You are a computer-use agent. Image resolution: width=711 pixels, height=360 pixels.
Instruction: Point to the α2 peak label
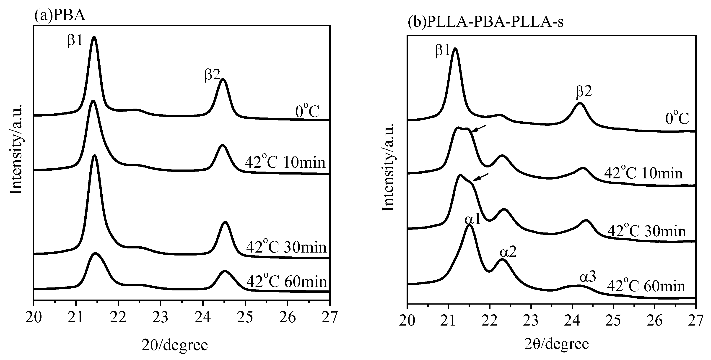(x=508, y=252)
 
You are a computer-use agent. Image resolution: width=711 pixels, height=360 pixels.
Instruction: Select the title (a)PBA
(x=60, y=16)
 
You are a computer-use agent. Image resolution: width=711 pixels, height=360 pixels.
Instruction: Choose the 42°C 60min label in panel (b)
(x=646, y=286)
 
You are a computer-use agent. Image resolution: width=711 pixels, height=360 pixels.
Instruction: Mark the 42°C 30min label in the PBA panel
(x=286, y=247)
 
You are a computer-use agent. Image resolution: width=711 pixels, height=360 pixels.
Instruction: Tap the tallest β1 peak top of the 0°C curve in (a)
(x=94, y=37)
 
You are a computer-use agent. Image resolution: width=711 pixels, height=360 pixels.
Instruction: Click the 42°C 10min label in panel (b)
(x=643, y=173)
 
